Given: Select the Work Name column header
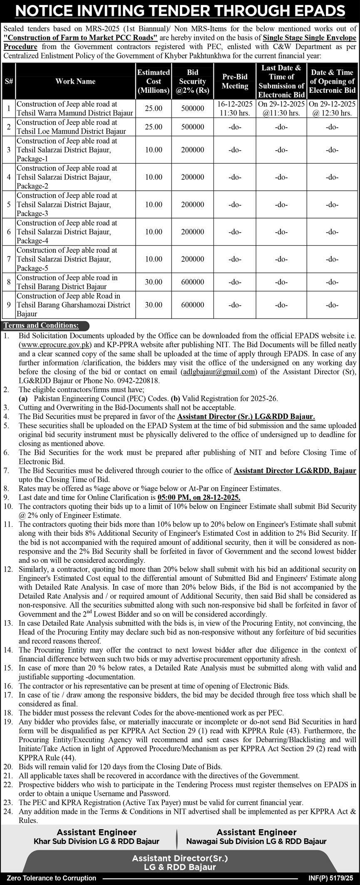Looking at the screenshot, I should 75,81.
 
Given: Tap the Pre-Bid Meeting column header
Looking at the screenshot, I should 235,81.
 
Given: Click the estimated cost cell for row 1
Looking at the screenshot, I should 154,108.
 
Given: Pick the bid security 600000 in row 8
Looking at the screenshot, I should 192,282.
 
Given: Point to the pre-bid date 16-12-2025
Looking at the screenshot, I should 235,104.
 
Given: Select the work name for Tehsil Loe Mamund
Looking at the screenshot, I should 71,127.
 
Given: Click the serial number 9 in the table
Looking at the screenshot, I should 8,305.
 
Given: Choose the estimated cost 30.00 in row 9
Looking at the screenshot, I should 154,305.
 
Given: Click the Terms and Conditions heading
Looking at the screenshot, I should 41,326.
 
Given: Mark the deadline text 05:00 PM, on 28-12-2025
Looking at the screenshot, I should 199,497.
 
